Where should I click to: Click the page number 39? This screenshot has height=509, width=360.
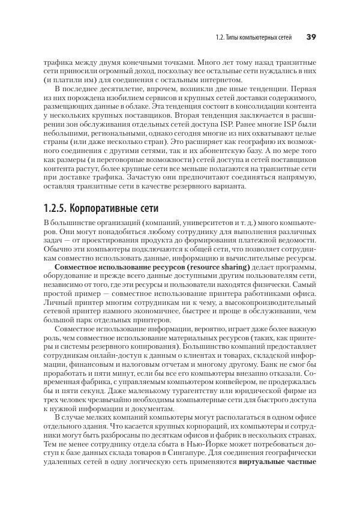(x=311, y=37)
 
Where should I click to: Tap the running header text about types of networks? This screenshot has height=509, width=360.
(x=253, y=37)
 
